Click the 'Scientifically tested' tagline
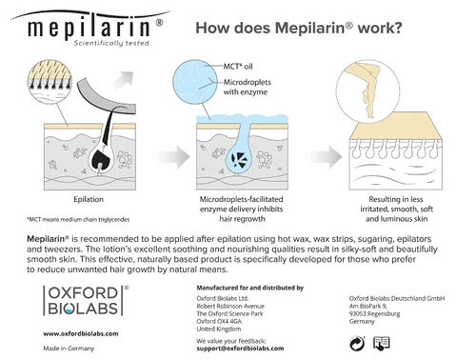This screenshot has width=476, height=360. click(111, 43)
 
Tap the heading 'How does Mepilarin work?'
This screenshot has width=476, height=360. click(299, 28)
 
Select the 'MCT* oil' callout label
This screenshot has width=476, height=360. click(238, 67)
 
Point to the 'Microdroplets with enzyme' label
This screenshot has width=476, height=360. click(248, 87)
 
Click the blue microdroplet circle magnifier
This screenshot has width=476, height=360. click(195, 82)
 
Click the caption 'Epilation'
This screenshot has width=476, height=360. click(89, 199)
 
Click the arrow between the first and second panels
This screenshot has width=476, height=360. click(174, 157)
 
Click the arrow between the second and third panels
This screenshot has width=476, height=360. click(327, 157)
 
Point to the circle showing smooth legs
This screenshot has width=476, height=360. click(367, 90)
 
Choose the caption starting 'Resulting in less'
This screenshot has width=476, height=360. click(396, 210)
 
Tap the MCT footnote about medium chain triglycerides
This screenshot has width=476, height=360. click(78, 219)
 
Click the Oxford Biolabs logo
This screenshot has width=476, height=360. click(86, 300)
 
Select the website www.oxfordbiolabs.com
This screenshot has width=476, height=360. click(81, 333)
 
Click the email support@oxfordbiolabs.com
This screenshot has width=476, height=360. click(240, 349)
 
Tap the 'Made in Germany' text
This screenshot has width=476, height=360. click(69, 349)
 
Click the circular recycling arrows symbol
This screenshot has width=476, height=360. click(357, 344)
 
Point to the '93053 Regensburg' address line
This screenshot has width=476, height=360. click(374, 313)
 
